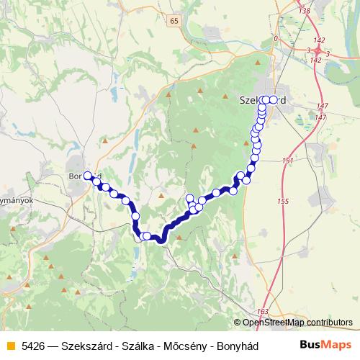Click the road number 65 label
pos(174,21)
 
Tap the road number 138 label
pos(304,12)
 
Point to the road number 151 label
pos(288,161)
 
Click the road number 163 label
pos(262,311)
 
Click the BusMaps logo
pos(326,346)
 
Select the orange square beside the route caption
pos(9,346)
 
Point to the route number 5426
pos(33,346)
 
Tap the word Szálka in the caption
pos(137,346)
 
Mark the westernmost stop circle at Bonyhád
pos(89,175)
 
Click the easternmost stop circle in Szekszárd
pos(274,100)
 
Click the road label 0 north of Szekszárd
pos(276,38)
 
